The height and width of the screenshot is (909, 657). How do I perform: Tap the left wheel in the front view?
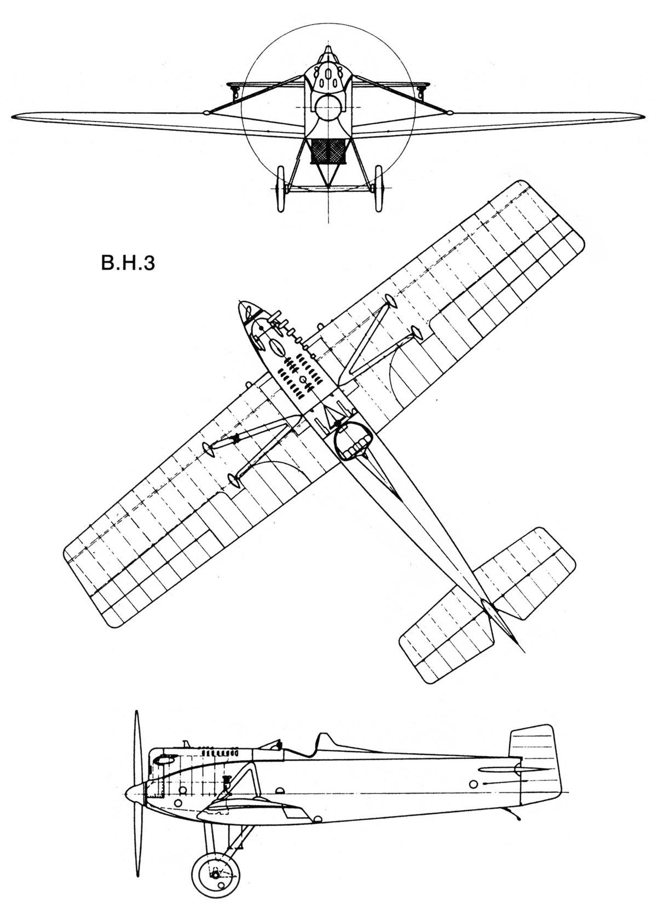(280, 188)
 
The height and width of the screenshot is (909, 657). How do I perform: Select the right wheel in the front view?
(379, 188)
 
